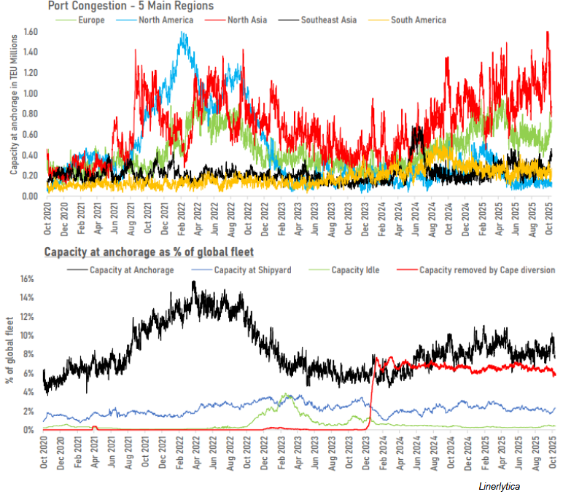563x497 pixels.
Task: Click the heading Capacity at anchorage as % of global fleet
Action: (x=149, y=253)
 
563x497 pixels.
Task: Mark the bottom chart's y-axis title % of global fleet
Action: (x=9, y=355)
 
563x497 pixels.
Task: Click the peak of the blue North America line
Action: (x=182, y=33)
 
